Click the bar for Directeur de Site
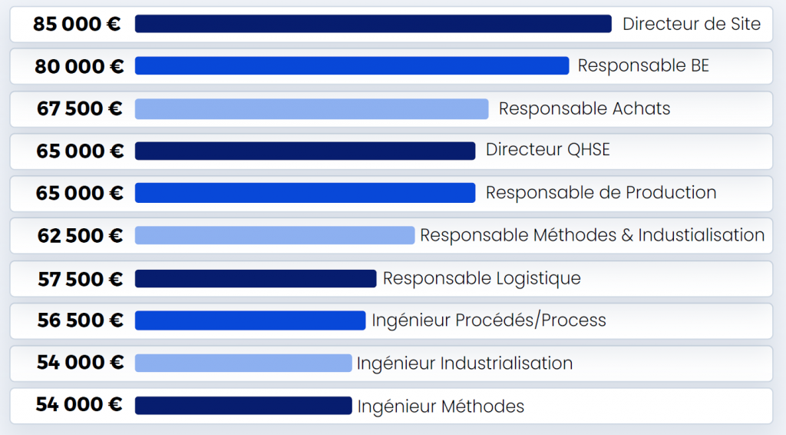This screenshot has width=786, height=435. (373, 24)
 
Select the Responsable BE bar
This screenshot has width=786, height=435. (352, 66)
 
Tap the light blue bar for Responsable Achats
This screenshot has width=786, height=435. (312, 109)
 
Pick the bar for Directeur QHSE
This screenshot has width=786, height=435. (305, 151)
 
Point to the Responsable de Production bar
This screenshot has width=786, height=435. (305, 193)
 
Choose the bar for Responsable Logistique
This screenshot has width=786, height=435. (256, 278)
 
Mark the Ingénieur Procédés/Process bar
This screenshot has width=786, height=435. (250, 320)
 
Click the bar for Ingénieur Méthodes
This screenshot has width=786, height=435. (243, 406)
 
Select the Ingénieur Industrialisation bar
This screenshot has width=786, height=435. (243, 363)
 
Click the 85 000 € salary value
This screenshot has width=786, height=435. (77, 24)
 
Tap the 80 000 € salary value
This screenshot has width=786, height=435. (79, 67)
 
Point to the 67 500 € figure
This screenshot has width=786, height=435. (79, 109)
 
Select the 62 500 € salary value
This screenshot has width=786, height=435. (80, 235)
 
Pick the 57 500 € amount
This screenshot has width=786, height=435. (80, 278)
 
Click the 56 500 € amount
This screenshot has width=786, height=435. (80, 320)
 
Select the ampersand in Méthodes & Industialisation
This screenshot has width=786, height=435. (626, 235)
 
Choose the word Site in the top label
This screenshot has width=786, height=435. (744, 24)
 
